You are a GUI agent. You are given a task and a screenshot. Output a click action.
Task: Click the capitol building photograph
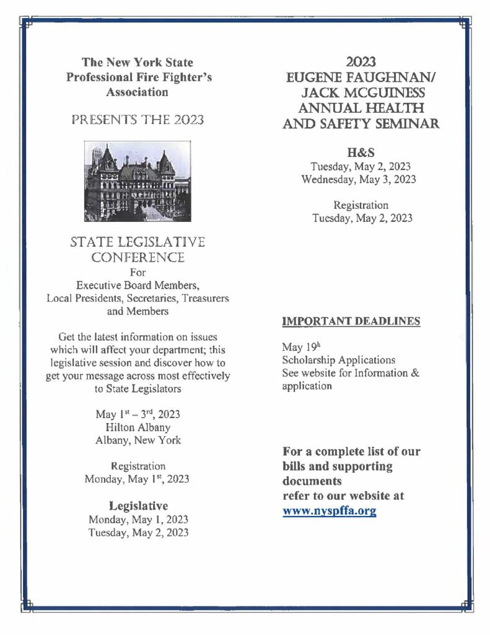click(138, 181)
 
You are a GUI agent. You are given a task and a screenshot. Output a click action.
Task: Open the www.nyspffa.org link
click(330, 512)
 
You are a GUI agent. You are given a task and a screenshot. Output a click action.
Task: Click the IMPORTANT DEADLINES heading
click(351, 321)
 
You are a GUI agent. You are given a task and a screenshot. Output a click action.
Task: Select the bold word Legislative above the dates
click(138, 505)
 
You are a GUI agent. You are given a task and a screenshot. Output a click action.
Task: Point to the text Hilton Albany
click(138, 427)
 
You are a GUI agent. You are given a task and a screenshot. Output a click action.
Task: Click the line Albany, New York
click(138, 440)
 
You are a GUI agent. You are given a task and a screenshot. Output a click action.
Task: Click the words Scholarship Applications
click(338, 360)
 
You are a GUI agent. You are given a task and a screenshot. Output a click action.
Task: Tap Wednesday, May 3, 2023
click(359, 180)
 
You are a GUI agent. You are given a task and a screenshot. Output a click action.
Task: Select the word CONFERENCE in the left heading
click(138, 256)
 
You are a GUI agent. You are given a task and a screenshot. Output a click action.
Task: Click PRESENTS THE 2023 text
click(138, 120)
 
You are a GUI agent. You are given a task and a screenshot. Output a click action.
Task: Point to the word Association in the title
click(138, 92)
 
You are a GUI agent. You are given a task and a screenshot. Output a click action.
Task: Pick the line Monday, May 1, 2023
click(138, 520)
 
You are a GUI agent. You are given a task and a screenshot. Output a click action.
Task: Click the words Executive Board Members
click(138, 285)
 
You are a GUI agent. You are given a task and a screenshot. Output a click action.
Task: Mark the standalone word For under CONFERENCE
click(138, 272)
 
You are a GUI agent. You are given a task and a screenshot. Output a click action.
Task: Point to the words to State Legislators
click(138, 389)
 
